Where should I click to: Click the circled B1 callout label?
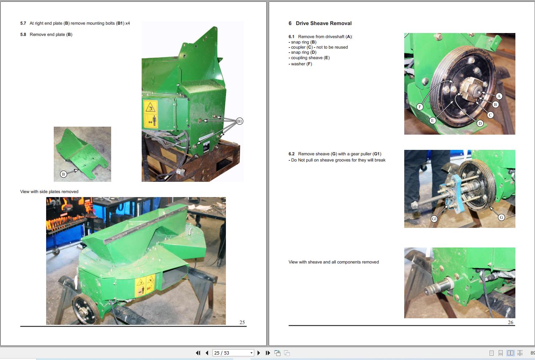coord(239,121)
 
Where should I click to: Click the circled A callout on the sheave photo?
coord(499,97)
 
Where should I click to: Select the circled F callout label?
coord(420,107)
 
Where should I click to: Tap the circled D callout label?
coord(480,123)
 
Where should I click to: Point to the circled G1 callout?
coord(434,219)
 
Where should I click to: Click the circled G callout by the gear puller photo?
coord(501,217)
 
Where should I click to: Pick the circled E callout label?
coord(432,121)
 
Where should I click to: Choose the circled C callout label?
coord(490,115)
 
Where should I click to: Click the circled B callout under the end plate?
coord(63,174)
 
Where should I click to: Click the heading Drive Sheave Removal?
coord(324,23)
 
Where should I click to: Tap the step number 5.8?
coord(23,34)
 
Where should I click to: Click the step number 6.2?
coord(292,154)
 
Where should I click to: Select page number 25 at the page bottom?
coord(242,322)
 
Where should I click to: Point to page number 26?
coord(510,322)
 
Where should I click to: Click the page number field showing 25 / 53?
coord(233,353)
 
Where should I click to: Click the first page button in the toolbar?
coord(198,353)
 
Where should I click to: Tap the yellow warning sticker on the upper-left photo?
coord(151,114)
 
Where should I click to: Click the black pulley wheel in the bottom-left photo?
coord(86,309)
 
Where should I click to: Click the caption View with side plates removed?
coord(49,192)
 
